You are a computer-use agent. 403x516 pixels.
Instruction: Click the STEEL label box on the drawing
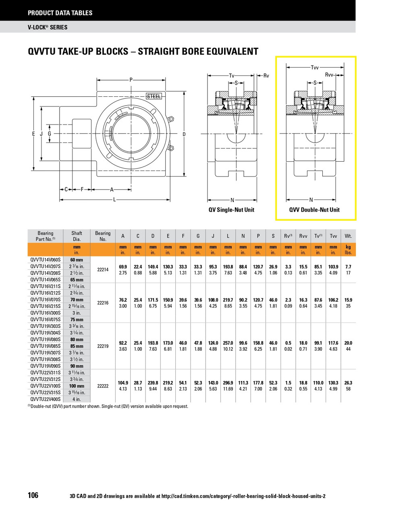point(154,96)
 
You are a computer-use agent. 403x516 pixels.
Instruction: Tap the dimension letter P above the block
point(131,80)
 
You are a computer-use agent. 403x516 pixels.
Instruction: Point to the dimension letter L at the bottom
point(114,199)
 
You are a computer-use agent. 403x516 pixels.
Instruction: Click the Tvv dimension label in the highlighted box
point(315,67)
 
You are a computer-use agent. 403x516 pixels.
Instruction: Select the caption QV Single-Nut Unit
point(231,210)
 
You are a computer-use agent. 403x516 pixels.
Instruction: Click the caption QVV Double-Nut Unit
point(314,210)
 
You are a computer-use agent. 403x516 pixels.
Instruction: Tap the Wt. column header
point(348,236)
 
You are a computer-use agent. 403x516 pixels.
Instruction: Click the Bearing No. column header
point(103,236)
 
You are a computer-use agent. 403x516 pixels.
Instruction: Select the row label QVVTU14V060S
point(46,260)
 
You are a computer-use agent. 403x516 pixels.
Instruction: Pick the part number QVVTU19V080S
point(46,339)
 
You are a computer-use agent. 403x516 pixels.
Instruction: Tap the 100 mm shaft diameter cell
point(77,386)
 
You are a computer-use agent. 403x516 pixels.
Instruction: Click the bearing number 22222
point(103,386)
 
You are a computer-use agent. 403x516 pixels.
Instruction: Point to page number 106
point(33,495)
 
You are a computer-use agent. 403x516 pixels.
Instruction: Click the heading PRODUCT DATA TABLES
point(60,13)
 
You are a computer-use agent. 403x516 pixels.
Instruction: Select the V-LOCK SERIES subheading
point(48,27)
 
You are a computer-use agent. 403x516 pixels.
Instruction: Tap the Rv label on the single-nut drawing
point(266,75)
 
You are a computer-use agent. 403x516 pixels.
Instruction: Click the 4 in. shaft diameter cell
point(77,399)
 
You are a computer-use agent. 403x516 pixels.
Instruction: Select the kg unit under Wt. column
point(348,247)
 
